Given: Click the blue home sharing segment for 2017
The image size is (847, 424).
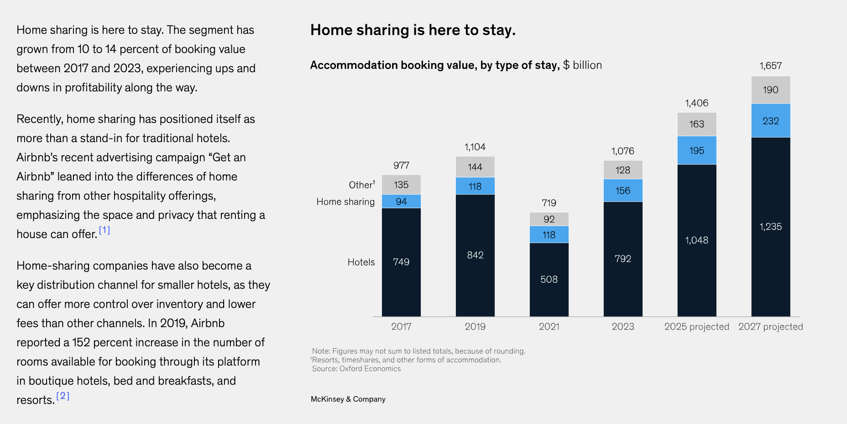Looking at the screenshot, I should (401, 201).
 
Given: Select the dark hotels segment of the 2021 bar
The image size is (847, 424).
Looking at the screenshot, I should (549, 279).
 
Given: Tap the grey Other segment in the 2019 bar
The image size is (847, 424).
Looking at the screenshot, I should (475, 167).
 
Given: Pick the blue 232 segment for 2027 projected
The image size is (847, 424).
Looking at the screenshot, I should (771, 121).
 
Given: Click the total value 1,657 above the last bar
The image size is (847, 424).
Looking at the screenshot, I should (771, 66).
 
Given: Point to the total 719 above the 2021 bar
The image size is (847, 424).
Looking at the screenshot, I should (549, 202).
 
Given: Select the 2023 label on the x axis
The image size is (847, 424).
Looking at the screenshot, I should (623, 327).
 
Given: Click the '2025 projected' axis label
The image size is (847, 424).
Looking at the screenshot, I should (697, 327).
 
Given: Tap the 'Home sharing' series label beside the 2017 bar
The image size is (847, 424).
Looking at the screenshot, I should (345, 201).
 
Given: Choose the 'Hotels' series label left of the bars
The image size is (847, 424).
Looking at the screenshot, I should (361, 262).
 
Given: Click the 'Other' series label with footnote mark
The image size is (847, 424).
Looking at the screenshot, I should (361, 185).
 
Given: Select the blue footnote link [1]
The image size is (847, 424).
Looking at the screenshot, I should (105, 230).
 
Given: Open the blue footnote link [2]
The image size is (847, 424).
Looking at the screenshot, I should (63, 396).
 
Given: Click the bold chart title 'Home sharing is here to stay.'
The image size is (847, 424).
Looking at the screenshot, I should (413, 30).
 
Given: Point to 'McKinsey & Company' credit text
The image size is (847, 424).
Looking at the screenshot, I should (348, 399).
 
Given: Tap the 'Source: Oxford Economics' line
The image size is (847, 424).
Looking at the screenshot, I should (356, 369).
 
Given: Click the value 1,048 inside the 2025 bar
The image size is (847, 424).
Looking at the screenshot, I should (697, 240).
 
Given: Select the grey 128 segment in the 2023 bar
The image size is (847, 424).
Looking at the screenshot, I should (623, 170).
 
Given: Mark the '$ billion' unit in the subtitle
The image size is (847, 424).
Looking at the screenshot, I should (582, 65).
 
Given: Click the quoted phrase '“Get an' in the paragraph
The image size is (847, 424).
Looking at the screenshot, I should (227, 158).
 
